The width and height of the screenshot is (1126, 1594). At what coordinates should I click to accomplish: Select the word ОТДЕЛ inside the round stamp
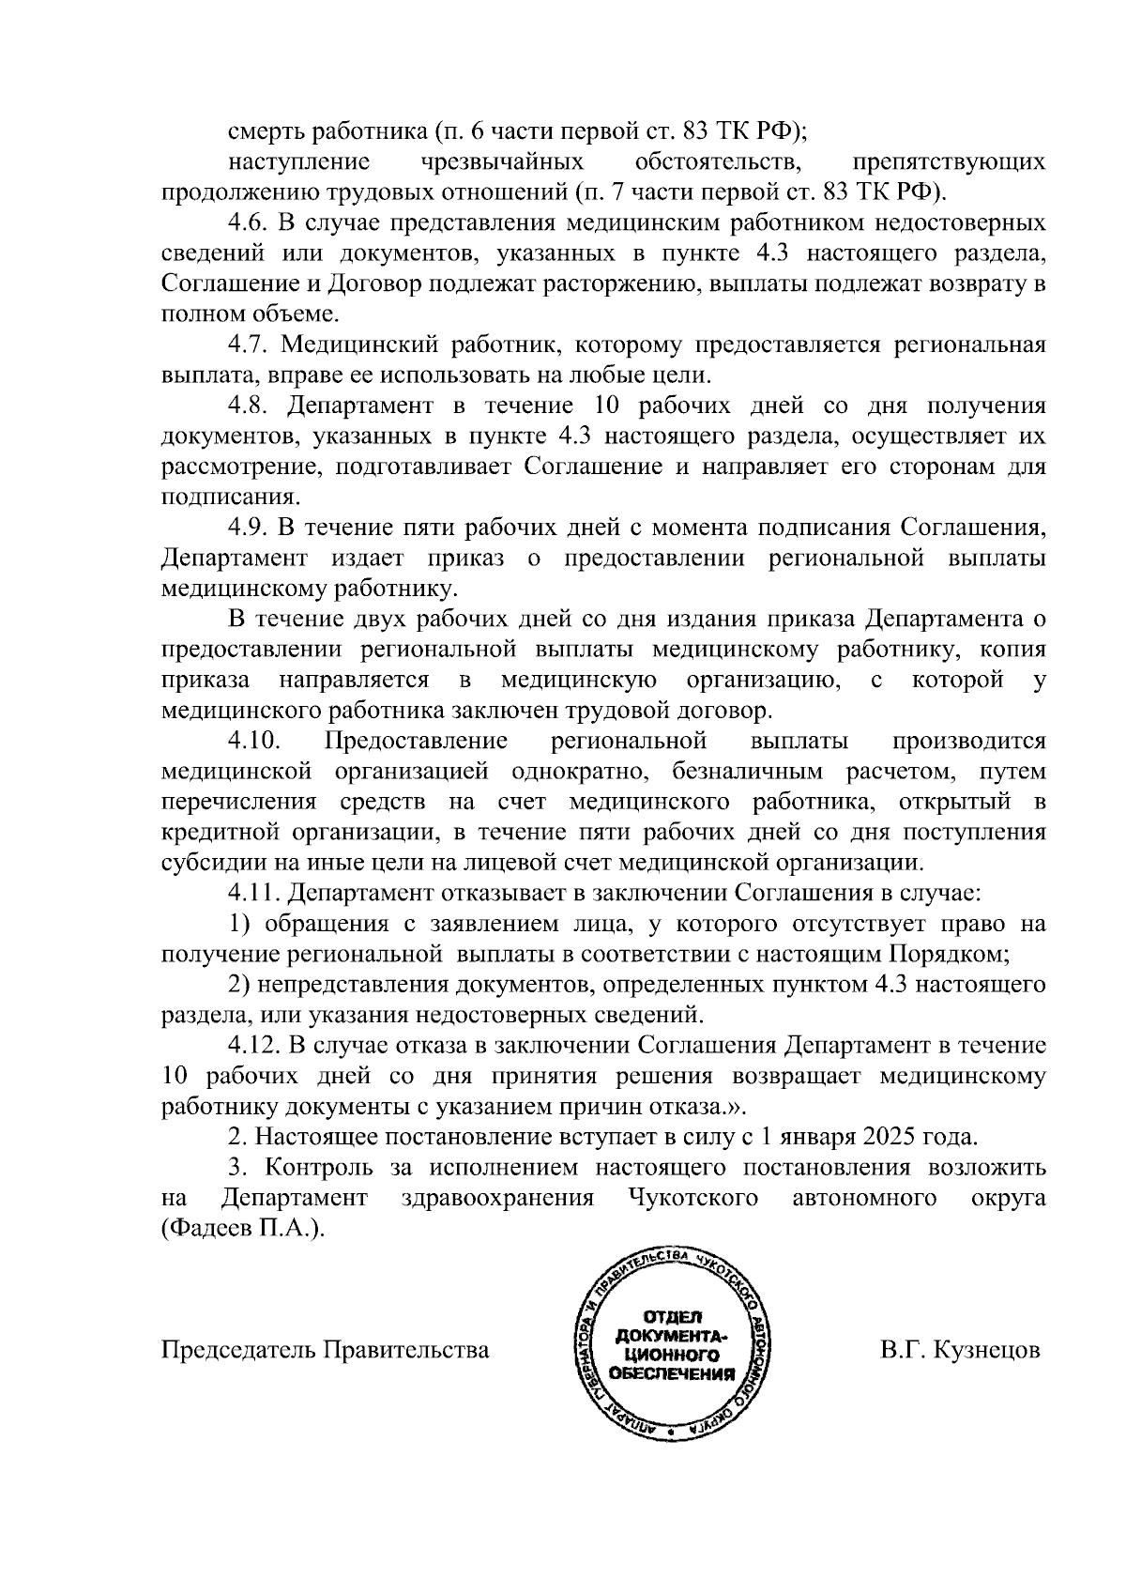[x=671, y=1317]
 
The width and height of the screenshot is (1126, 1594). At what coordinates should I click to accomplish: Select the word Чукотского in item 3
[x=691, y=1198]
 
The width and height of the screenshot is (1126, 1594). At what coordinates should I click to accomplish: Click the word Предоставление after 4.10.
[x=416, y=741]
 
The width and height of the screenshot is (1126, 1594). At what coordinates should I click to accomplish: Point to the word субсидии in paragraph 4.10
[x=205, y=863]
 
